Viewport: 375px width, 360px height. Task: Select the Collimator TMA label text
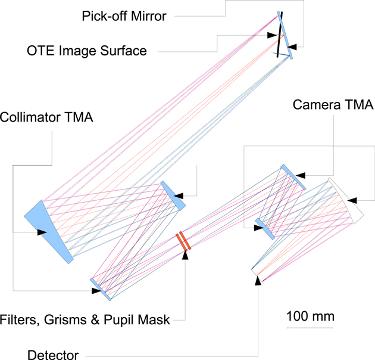coord(48,117)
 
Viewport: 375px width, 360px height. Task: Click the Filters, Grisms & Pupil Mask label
coord(86,320)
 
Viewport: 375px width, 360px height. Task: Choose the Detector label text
coord(53,356)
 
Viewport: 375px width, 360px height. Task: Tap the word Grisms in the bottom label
coord(70,320)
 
